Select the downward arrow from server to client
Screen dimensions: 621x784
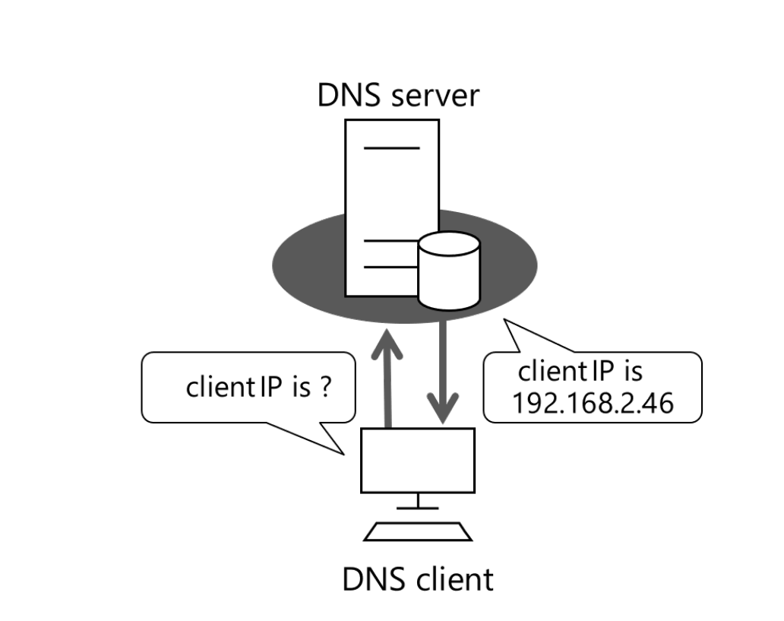444,372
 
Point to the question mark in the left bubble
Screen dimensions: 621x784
324,387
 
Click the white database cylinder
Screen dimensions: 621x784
449,274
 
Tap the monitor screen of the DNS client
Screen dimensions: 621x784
417,460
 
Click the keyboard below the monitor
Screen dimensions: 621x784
417,531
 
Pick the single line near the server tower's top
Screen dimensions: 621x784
391,147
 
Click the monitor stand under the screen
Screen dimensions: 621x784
417,502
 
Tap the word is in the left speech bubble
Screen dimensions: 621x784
301,387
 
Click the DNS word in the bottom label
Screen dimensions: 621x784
374,579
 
